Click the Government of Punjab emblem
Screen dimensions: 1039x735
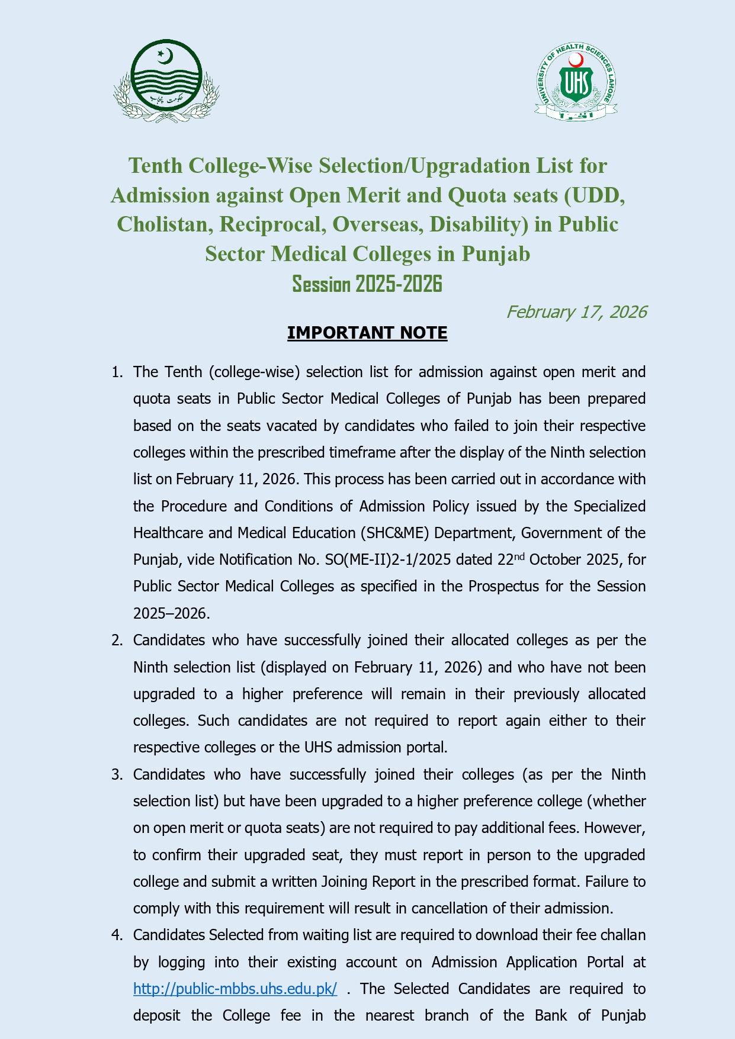click(x=166, y=81)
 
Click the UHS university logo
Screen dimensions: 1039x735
click(x=576, y=82)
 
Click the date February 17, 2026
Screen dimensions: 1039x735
click(x=576, y=312)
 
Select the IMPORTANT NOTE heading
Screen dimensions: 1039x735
click(x=367, y=333)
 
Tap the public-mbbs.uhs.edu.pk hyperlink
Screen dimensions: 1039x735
click(x=235, y=989)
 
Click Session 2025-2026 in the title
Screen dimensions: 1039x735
click(x=367, y=284)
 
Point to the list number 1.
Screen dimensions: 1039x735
click(x=117, y=372)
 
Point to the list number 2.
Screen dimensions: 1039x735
click(x=117, y=641)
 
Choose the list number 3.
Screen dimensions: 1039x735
click(x=117, y=775)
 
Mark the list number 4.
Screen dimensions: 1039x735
click(x=117, y=935)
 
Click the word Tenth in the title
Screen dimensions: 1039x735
click(x=156, y=166)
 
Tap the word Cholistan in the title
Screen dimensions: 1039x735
click(x=163, y=225)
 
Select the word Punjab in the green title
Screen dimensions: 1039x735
click(x=496, y=254)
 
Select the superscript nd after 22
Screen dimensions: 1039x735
click(x=519, y=556)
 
